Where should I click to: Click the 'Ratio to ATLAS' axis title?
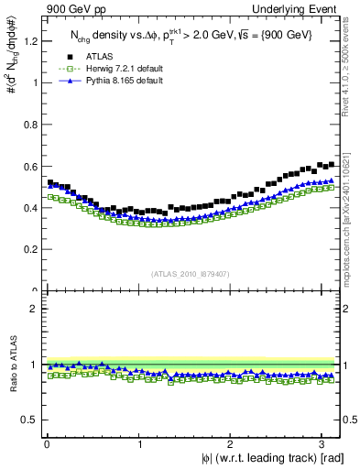pos(12,366)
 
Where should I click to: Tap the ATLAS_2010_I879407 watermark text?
pos(191,272)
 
